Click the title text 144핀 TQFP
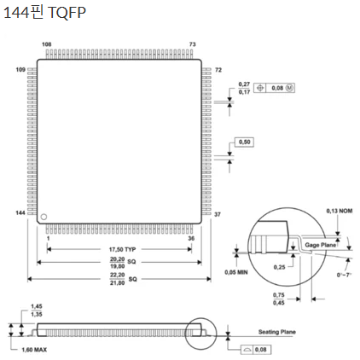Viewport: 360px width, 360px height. [x=44, y=13]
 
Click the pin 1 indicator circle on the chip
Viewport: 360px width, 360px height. [x=44, y=217]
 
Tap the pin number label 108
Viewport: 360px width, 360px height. [x=47, y=44]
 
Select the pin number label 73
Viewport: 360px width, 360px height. [x=193, y=44]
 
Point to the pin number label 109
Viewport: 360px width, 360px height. [x=20, y=70]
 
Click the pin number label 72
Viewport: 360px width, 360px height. [x=218, y=70]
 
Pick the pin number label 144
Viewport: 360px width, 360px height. [x=20, y=213]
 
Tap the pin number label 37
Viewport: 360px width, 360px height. [x=218, y=214]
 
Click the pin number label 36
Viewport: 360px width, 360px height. [x=191, y=238]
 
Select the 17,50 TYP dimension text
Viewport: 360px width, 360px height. [x=122, y=249]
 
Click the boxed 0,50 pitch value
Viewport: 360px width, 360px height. [x=245, y=142]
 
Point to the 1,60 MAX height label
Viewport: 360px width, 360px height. [x=34, y=350]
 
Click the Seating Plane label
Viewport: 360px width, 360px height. [x=276, y=332]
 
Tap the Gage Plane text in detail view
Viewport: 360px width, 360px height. [x=321, y=245]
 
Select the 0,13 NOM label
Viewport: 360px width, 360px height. [x=340, y=211]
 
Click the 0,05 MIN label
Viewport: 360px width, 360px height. [x=236, y=272]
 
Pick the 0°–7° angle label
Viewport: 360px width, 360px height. [x=344, y=275]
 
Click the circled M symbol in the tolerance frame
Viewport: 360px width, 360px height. [x=289, y=88]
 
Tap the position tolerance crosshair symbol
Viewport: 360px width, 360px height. [x=260, y=88]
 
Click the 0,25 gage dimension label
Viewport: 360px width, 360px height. [x=279, y=267]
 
